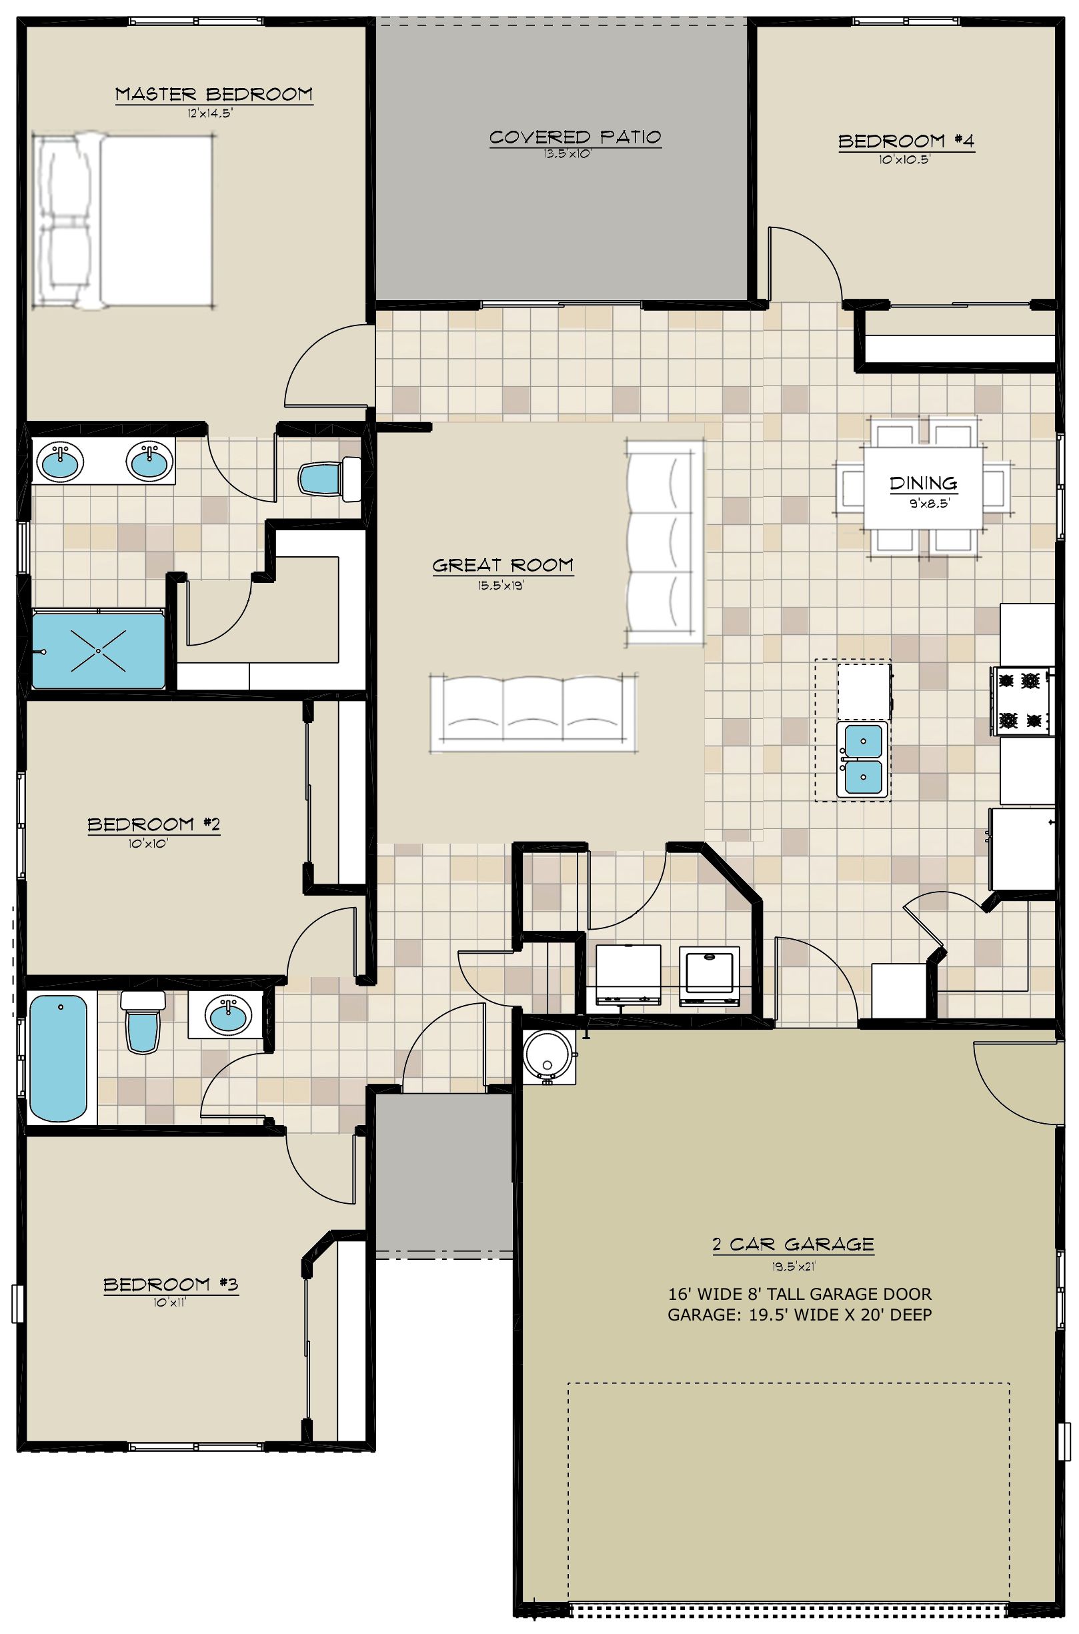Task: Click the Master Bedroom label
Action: click(x=213, y=93)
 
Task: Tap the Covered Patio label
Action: click(x=576, y=137)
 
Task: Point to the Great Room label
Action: click(x=503, y=565)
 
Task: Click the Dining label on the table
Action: click(x=923, y=483)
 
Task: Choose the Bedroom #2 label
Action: click(x=153, y=824)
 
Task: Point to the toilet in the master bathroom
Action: click(x=330, y=478)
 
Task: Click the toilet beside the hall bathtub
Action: click(x=143, y=1021)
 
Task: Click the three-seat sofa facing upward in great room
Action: click(x=533, y=714)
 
